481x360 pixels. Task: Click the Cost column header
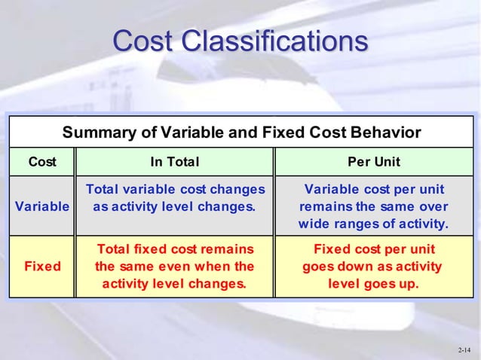(x=41, y=163)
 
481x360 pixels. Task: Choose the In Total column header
(x=174, y=163)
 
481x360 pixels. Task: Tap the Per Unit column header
(x=373, y=163)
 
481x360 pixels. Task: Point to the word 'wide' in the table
(x=315, y=224)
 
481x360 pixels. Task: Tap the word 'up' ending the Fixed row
(x=409, y=284)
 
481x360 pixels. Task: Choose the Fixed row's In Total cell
(x=174, y=266)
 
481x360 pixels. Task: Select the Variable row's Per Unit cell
(x=373, y=206)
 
